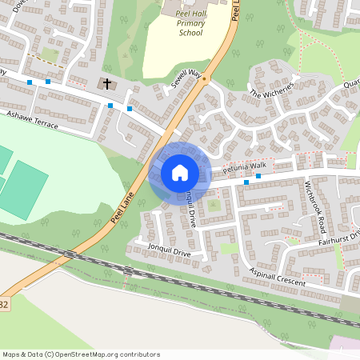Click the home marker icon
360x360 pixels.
tap(180, 172)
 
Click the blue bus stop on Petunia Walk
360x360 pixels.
tap(258, 176)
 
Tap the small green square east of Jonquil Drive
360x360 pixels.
tap(213, 206)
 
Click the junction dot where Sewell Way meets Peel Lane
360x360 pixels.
tap(204, 79)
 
